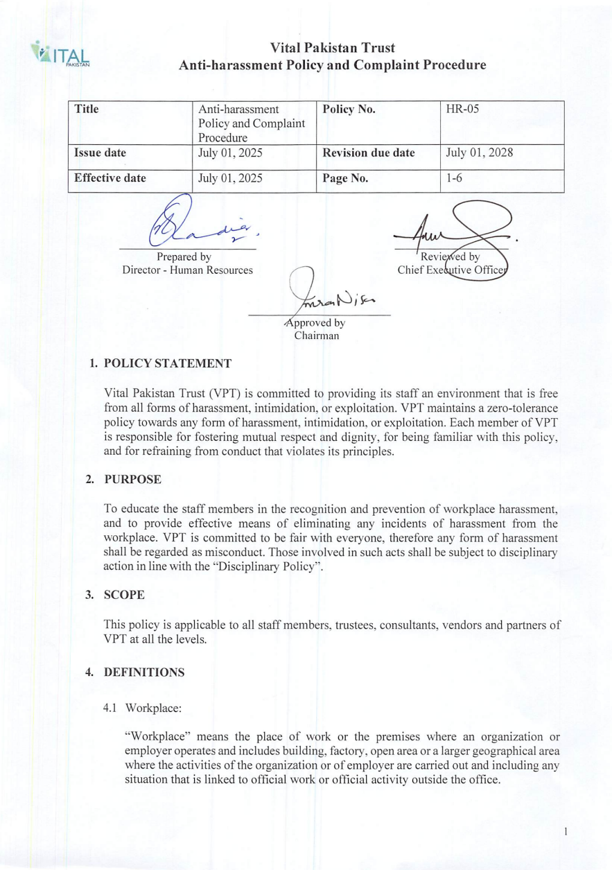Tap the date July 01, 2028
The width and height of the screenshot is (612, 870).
479,153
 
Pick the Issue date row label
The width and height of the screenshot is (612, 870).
100,153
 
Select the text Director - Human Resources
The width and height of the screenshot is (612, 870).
187,270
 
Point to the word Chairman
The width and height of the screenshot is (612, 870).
316,336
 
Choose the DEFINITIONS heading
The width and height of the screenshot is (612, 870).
144,672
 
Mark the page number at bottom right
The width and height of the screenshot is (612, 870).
566,830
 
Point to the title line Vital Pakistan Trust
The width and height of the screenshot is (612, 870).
333,48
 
